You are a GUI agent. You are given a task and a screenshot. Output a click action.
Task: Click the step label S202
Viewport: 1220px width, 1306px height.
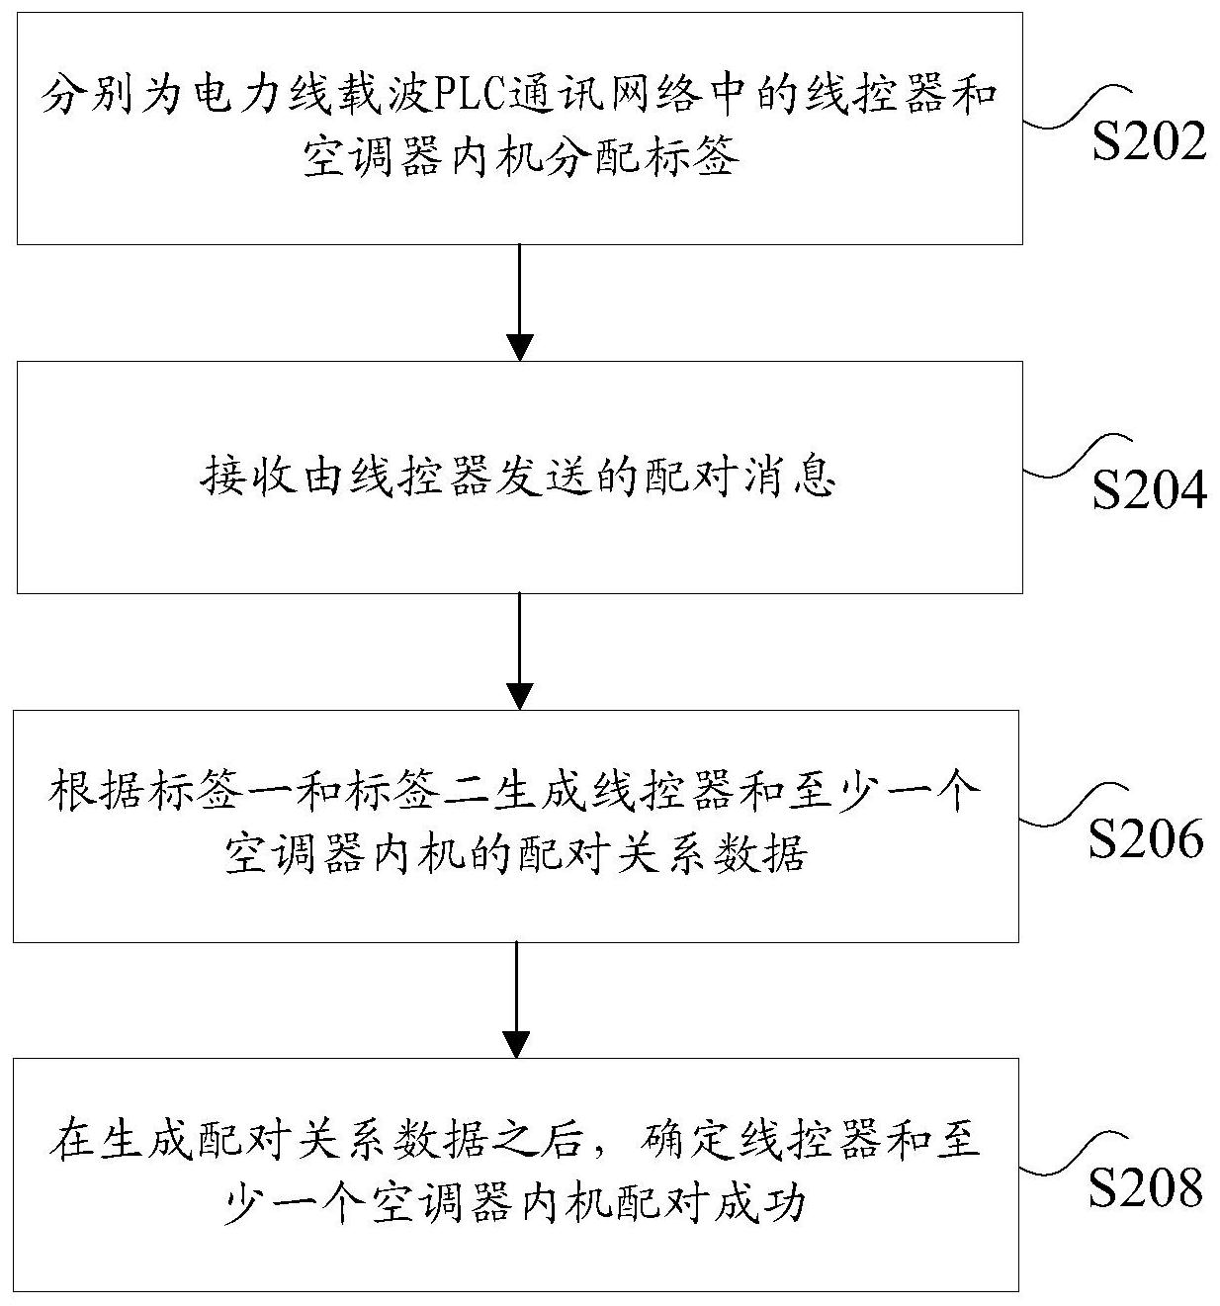click(x=1149, y=142)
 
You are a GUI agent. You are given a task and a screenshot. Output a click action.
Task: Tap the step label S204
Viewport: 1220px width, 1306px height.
click(x=1149, y=490)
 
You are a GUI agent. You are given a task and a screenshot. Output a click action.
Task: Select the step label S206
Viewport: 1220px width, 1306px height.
click(x=1147, y=839)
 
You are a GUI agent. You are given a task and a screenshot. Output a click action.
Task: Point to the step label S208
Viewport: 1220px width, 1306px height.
click(x=1147, y=1187)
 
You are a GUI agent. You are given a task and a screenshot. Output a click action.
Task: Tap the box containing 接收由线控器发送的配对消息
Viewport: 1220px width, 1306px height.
click(x=519, y=478)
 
